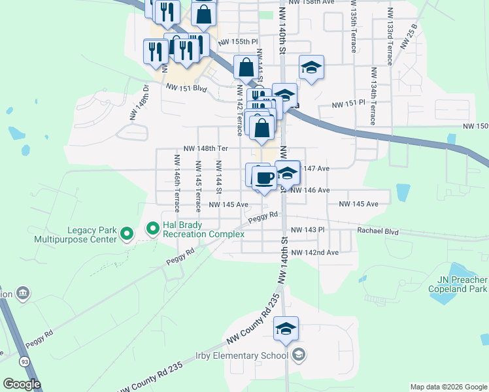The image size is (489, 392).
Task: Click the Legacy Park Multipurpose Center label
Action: coord(92,235)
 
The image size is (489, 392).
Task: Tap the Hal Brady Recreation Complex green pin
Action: coord(153,229)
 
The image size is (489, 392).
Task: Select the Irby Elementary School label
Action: coord(241,356)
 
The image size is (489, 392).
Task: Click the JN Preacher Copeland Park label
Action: coord(458,284)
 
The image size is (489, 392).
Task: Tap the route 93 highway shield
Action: coord(24,361)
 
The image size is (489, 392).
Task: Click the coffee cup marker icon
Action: coord(264,178)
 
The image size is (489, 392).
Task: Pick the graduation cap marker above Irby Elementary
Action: coord(286,329)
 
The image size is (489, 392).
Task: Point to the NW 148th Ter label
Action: coord(205,148)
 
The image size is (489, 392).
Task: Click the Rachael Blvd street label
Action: coord(377,230)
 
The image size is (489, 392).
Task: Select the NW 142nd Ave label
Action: coord(315,252)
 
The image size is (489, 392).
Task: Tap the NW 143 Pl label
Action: coord(307,230)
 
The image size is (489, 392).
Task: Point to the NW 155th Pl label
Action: coord(235,41)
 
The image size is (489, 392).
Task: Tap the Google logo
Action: coord(22,384)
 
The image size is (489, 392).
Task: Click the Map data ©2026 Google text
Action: coord(448,387)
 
